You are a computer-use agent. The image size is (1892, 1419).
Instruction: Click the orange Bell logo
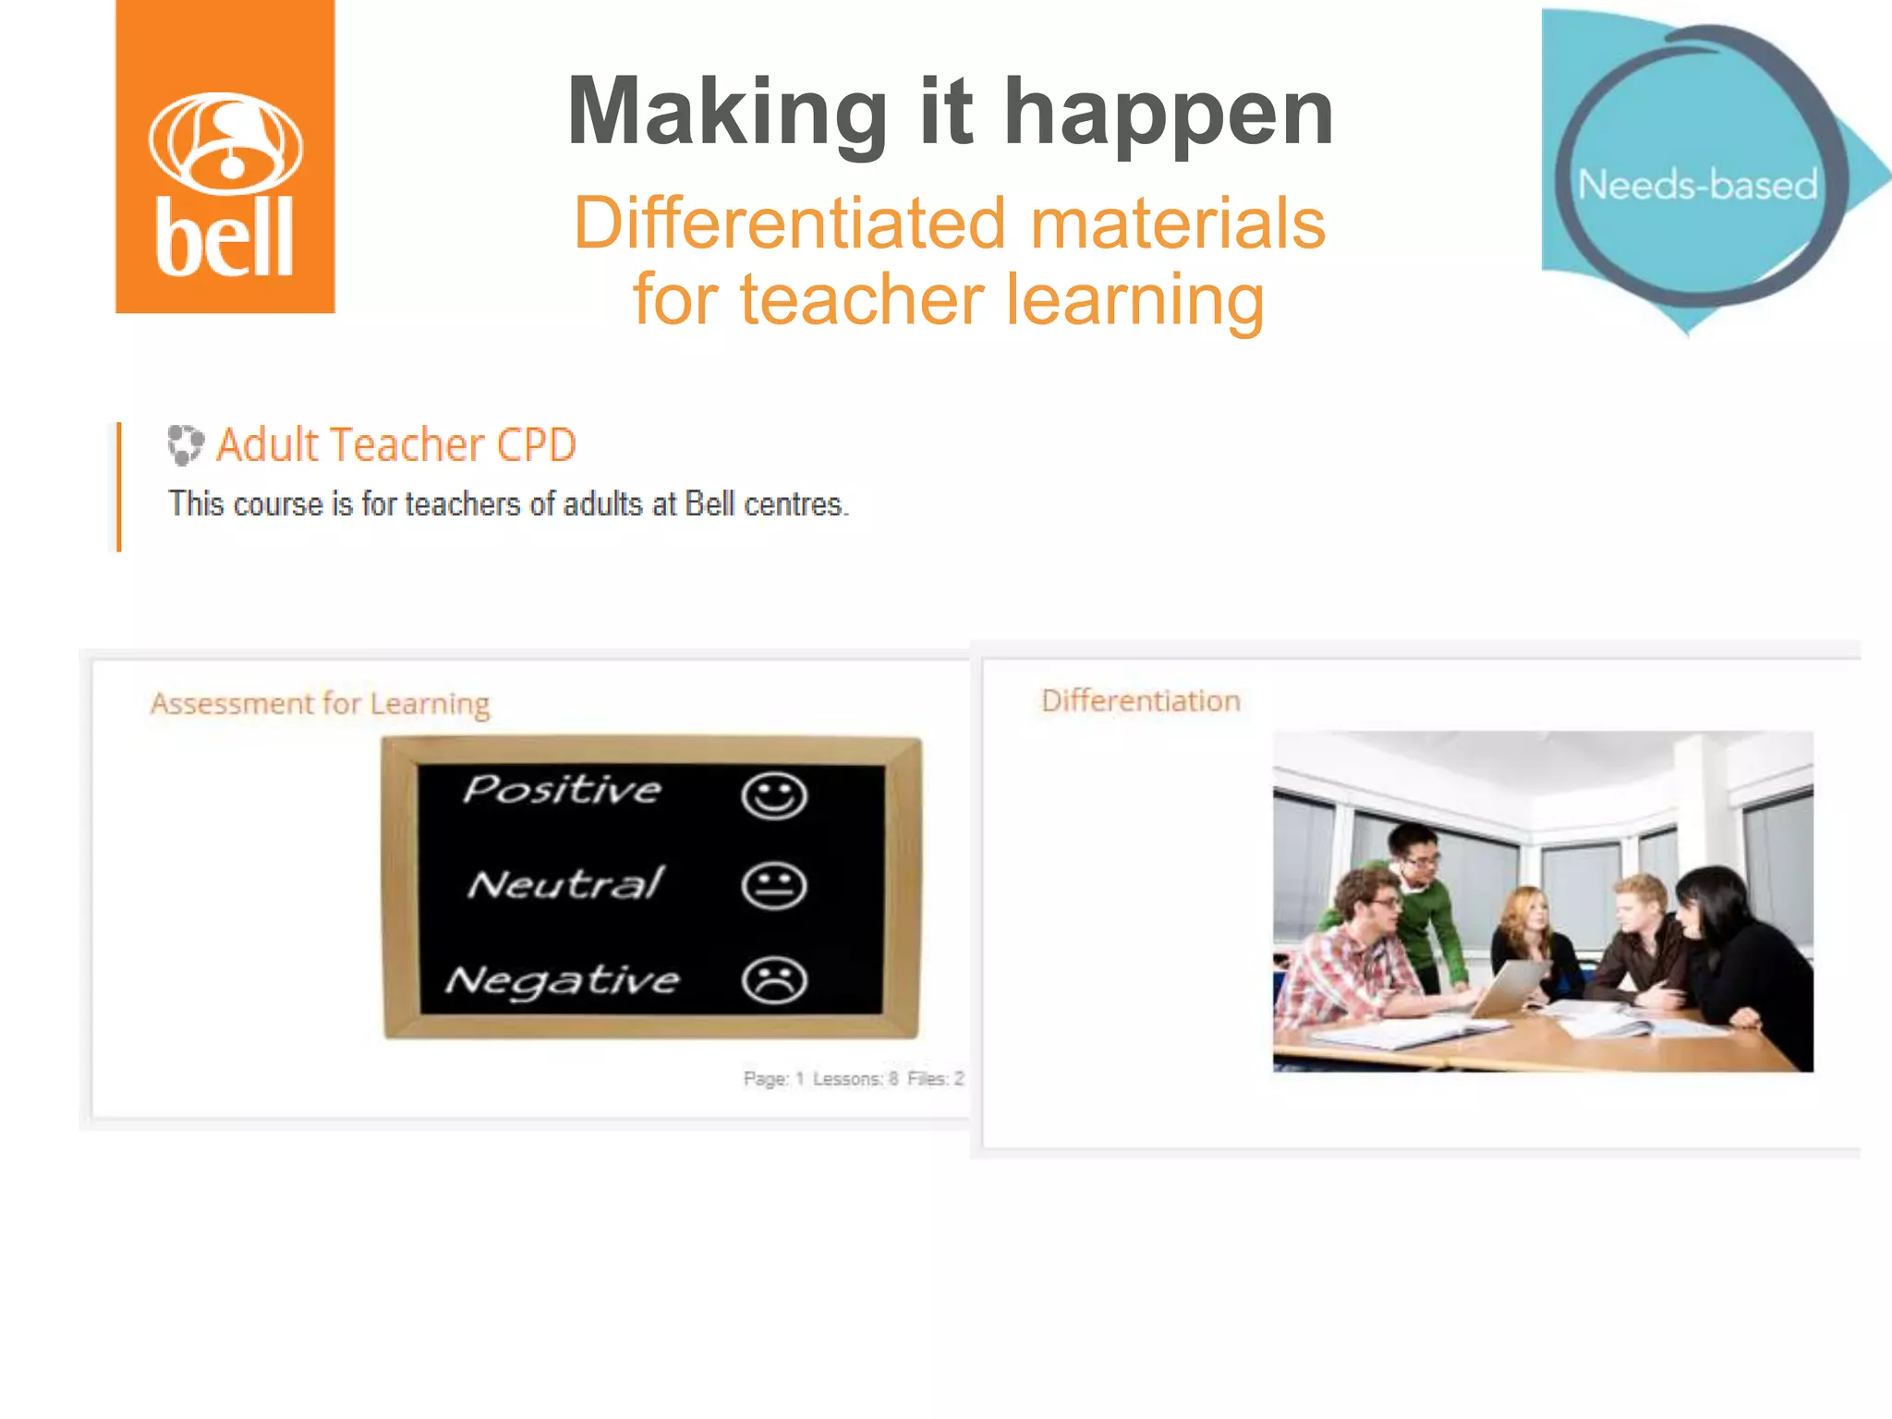[x=224, y=157]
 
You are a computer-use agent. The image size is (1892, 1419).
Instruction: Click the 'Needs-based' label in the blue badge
[x=1697, y=185]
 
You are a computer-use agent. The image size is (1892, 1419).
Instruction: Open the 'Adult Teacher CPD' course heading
[x=396, y=444]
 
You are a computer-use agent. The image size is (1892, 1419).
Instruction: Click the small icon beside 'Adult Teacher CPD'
[x=185, y=444]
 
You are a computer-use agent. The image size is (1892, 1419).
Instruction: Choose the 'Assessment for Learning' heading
[x=320, y=704]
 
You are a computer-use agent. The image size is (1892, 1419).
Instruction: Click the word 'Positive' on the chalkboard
[x=563, y=790]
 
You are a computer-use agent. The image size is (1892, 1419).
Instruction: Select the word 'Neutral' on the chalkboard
[x=565, y=884]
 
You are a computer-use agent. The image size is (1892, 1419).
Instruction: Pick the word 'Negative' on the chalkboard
[x=563, y=980]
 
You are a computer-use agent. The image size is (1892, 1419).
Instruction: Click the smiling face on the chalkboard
[x=774, y=795]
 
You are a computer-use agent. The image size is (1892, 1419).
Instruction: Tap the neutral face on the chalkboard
[x=774, y=886]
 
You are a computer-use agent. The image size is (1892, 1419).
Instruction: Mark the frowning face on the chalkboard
[x=774, y=980]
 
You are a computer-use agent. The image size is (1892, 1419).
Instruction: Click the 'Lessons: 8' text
[x=855, y=1078]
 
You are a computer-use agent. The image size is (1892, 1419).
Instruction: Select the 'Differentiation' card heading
[x=1140, y=701]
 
